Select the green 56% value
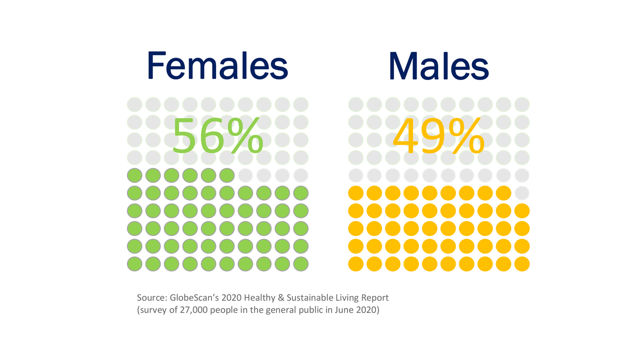click(217, 136)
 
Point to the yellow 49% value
click(438, 136)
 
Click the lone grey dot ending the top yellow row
click(522, 193)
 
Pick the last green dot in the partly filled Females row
click(227, 175)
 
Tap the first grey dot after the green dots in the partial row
click(245, 175)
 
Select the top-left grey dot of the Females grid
click(134, 104)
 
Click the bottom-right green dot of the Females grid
click(301, 264)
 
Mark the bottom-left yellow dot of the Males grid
click(355, 264)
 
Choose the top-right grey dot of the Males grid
click(522, 104)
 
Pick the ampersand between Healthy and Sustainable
click(280, 298)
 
